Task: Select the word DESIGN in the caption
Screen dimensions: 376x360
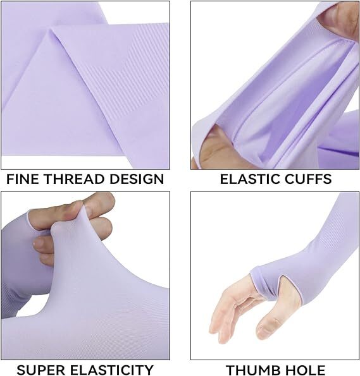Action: (x=135, y=179)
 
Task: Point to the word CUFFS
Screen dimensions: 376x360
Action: (x=308, y=179)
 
